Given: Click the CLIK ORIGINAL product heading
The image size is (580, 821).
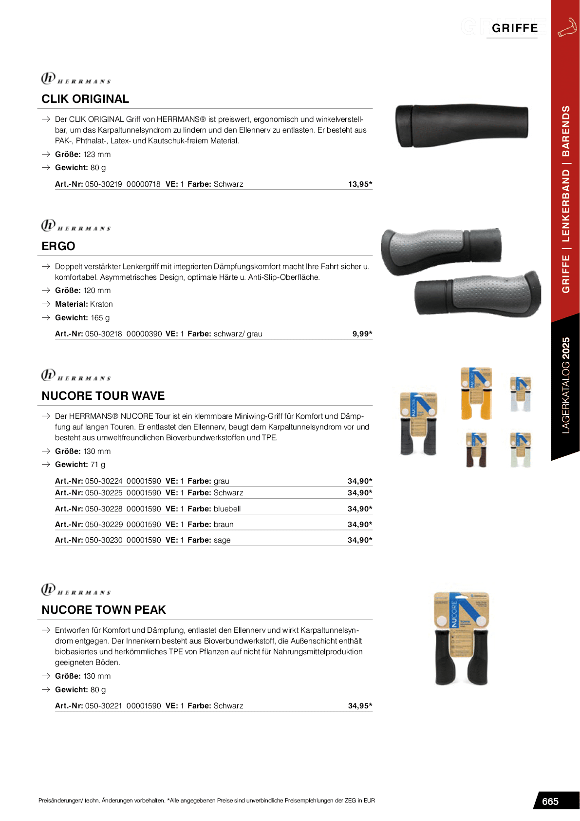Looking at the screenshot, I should [85, 99].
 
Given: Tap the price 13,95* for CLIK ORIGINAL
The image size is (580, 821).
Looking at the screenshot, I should [360, 184].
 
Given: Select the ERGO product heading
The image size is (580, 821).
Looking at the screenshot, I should [58, 246].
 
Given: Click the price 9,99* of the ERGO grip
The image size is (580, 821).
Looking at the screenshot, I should [362, 334].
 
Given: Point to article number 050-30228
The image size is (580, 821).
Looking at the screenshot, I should [104, 509].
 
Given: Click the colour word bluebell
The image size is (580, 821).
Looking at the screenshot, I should [227, 509].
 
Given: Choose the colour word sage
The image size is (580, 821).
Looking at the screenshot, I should [222, 540].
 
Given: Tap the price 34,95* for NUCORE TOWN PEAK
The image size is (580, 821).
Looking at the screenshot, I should [360, 706].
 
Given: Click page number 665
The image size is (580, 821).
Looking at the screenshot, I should [550, 801].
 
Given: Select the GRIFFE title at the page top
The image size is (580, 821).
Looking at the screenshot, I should [515, 28].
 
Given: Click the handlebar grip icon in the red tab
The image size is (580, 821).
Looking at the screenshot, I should [567, 28].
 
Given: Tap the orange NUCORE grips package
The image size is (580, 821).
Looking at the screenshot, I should [476, 393].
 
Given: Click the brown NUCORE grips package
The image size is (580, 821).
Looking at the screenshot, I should [476, 450].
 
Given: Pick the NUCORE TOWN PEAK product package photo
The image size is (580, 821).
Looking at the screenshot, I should [461, 639].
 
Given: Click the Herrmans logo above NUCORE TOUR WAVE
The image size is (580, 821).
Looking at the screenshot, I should [76, 375].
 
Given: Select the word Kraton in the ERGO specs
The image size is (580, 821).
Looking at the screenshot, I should [101, 304].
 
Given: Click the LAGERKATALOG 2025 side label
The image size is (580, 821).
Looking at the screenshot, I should [565, 385].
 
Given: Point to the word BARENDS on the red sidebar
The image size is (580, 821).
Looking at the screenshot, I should [565, 131].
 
